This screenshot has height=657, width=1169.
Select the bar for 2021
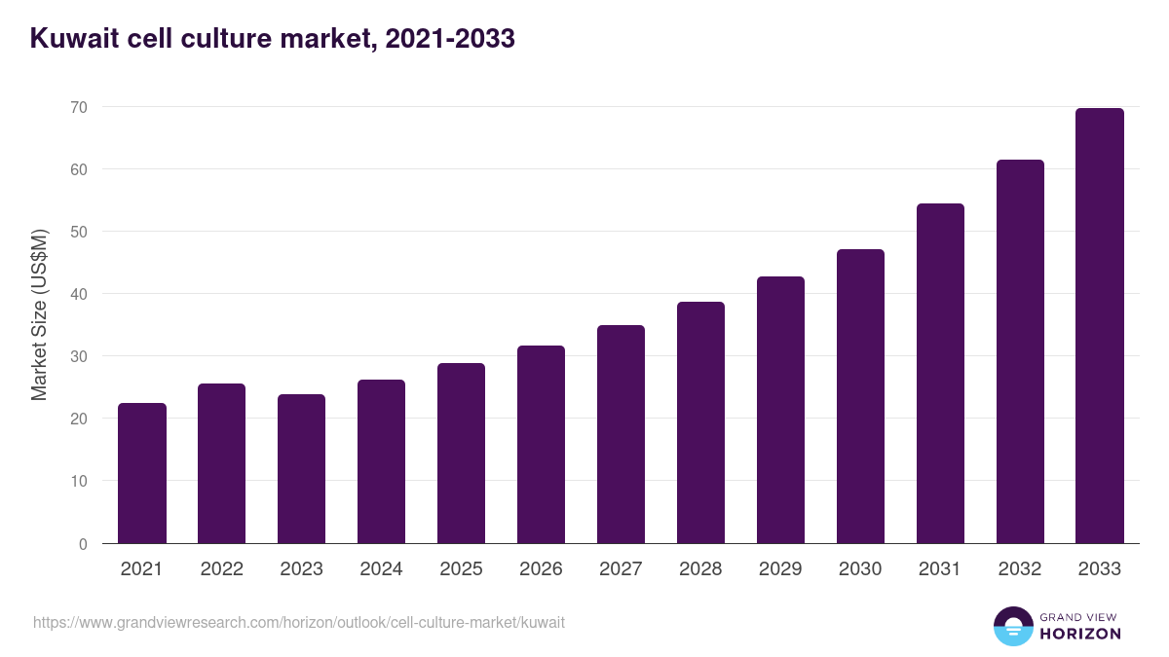coord(142,473)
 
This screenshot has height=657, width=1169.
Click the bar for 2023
coord(302,469)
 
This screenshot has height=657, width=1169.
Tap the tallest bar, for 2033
coord(1100,326)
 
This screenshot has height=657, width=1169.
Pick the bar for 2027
coord(622,434)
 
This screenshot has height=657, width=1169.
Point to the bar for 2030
coord(860,396)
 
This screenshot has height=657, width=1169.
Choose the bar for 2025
coord(462,454)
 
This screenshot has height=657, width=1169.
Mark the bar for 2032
coord(1020,351)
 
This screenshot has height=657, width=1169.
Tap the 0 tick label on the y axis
coord(84,544)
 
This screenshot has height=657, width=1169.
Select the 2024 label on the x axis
coord(382,569)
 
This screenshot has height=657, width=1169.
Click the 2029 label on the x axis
coord(780,569)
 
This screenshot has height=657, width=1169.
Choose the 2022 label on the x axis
coord(222,569)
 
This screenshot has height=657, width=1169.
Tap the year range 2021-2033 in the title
coord(449,39)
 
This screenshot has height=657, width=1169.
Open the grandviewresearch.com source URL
coord(299,622)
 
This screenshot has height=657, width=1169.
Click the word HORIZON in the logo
coord(1079,634)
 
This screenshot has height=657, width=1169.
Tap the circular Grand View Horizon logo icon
coord(1013,626)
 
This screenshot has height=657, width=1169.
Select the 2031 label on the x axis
coord(940,569)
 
